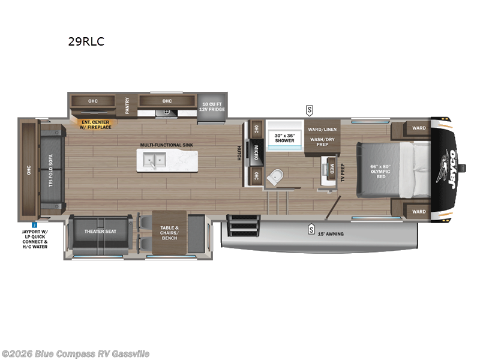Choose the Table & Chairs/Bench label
coord(170,232)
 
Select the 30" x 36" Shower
coord(284,139)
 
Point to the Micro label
coord(256,152)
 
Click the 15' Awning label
coord(331,233)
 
